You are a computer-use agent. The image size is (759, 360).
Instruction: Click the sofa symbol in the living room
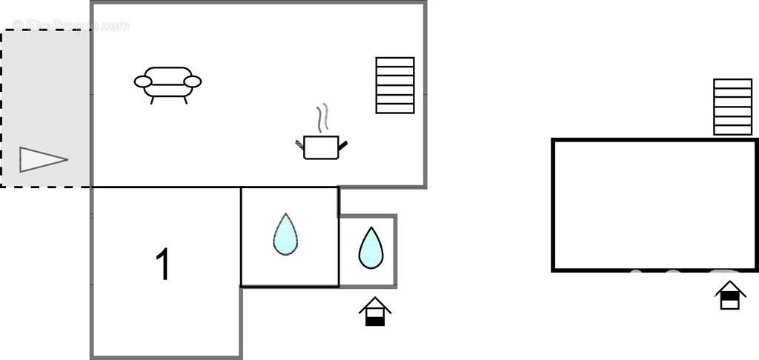coord(168,82)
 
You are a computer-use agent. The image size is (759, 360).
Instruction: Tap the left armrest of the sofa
coord(143,81)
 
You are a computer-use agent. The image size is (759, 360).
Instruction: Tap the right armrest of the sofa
coord(193,81)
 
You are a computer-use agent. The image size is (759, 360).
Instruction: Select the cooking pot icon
coord(321,147)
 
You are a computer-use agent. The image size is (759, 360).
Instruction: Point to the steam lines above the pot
coord(321,119)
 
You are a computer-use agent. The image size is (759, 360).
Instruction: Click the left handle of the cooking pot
coord(299,143)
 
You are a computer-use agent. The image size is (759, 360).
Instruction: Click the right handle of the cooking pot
coord(343,143)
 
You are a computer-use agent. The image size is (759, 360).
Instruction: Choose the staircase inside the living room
coord(394,85)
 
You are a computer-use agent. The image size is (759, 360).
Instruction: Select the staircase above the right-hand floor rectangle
coord(732,107)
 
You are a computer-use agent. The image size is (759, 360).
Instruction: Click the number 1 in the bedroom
coord(163,264)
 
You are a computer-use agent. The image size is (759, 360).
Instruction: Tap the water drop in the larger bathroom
coord(285,235)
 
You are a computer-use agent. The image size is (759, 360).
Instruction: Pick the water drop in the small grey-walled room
coord(371,247)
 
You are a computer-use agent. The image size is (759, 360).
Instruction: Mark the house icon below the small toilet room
coord(375,312)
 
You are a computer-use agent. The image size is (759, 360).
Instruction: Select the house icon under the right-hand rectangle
coord(730,295)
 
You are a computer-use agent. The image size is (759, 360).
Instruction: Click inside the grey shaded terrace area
coord(44,89)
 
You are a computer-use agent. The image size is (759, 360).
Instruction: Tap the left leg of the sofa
coord(153,100)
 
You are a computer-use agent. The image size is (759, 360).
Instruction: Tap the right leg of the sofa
coord(185,100)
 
